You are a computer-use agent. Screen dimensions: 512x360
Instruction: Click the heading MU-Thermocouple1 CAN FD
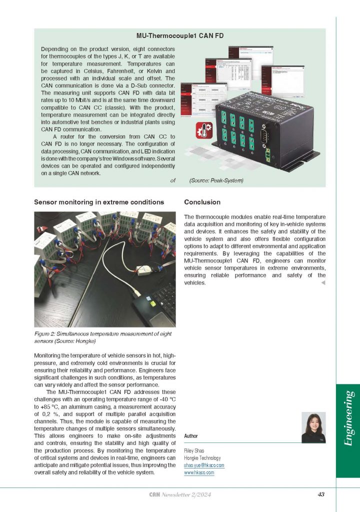point(180,36)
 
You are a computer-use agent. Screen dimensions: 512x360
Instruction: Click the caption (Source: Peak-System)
point(216,180)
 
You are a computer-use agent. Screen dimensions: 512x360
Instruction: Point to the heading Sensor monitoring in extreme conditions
point(99,202)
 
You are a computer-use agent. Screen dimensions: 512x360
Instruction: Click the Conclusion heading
point(202,202)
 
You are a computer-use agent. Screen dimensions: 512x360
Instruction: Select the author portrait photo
point(313,428)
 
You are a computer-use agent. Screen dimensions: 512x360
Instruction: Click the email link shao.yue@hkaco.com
point(204,465)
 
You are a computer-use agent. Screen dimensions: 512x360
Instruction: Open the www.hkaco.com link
point(199,472)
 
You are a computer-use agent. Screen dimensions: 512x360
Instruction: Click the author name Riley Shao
point(195,450)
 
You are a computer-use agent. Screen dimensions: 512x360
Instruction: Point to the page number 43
point(321,494)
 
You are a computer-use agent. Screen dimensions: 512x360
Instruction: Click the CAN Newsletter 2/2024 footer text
point(180,494)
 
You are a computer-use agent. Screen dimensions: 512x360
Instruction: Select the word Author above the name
point(191,436)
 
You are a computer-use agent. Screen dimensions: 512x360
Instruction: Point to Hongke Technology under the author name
point(202,458)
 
